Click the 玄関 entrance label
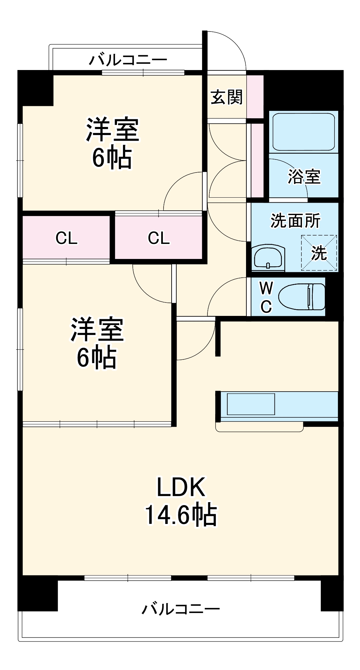click(x=227, y=97)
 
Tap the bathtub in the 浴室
click(x=304, y=132)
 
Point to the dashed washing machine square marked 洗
click(x=319, y=253)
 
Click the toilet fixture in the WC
click(x=302, y=297)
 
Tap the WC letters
click(x=266, y=297)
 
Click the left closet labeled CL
click(x=66, y=238)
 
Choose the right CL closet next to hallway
click(x=159, y=238)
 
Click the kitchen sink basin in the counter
click(x=251, y=404)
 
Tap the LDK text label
click(x=181, y=487)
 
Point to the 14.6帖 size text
click(x=181, y=515)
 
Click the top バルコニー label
click(x=128, y=60)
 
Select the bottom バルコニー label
click(x=181, y=609)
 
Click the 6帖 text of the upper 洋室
click(x=112, y=157)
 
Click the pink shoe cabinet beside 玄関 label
click(x=255, y=96)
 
